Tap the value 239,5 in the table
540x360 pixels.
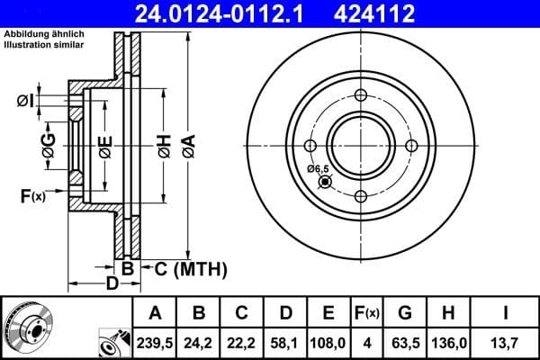coord(156,343)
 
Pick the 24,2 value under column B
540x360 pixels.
coord(199,343)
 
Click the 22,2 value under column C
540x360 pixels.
coord(242,343)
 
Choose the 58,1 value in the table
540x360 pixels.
coord(285,343)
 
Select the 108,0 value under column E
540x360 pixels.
coord(328,343)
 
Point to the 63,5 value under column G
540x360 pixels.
coord(405,343)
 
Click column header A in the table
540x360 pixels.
coord(156,313)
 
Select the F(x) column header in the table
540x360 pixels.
coord(366,313)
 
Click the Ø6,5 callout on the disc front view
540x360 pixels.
coord(318,168)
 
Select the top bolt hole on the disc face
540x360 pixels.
coord(360,96)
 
